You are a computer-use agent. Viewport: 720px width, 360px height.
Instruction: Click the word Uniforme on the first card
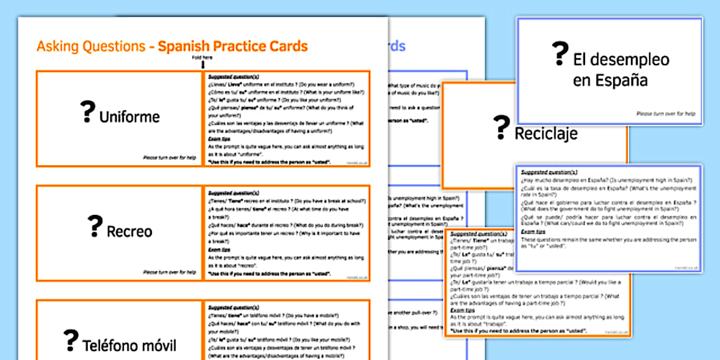point(129,117)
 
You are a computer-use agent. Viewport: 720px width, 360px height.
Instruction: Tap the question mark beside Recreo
point(95,226)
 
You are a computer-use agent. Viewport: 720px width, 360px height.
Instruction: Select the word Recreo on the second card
point(129,231)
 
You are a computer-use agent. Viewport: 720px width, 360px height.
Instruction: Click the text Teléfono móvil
point(129,345)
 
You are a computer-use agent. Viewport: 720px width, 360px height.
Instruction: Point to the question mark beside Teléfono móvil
point(71,341)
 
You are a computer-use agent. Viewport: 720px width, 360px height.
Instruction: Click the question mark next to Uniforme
point(87,112)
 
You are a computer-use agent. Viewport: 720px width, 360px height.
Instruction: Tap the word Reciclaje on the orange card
point(546,134)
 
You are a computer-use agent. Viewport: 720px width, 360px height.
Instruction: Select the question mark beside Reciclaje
point(502,128)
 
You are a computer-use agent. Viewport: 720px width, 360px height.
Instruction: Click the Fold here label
point(202,57)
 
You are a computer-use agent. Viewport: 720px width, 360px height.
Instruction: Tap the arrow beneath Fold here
point(202,65)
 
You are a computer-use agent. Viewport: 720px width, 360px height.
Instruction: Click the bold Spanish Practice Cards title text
point(233,46)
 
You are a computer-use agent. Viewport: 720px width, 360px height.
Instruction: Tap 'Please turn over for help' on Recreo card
point(169,272)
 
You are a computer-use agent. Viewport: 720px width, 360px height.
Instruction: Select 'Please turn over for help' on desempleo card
point(666,114)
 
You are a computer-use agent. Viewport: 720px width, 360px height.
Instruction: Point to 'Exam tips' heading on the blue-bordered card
point(533,231)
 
